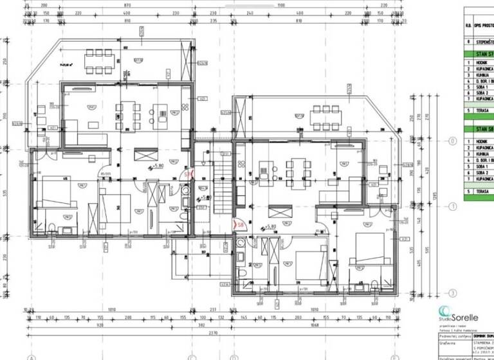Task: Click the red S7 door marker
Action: tap(188, 174)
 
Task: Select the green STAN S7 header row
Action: tap(479, 54)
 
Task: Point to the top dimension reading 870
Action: tap(131, 5)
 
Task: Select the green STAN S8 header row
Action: tap(479, 129)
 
